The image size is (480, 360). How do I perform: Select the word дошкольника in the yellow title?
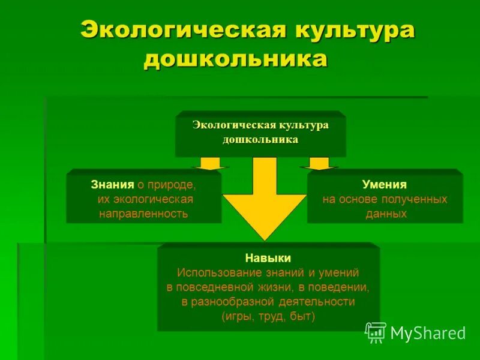(x=235, y=61)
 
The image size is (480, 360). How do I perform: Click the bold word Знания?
(x=112, y=185)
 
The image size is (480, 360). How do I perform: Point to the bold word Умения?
(x=385, y=185)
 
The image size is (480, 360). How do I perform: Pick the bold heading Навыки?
(x=268, y=258)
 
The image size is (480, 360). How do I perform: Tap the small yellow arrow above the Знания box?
(x=210, y=164)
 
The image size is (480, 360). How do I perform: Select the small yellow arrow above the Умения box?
(x=319, y=164)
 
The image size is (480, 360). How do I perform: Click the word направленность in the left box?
(x=143, y=214)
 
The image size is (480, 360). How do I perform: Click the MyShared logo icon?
(x=376, y=332)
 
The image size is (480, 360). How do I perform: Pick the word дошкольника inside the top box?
(x=260, y=139)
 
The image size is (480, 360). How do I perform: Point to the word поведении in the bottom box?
(x=343, y=287)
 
